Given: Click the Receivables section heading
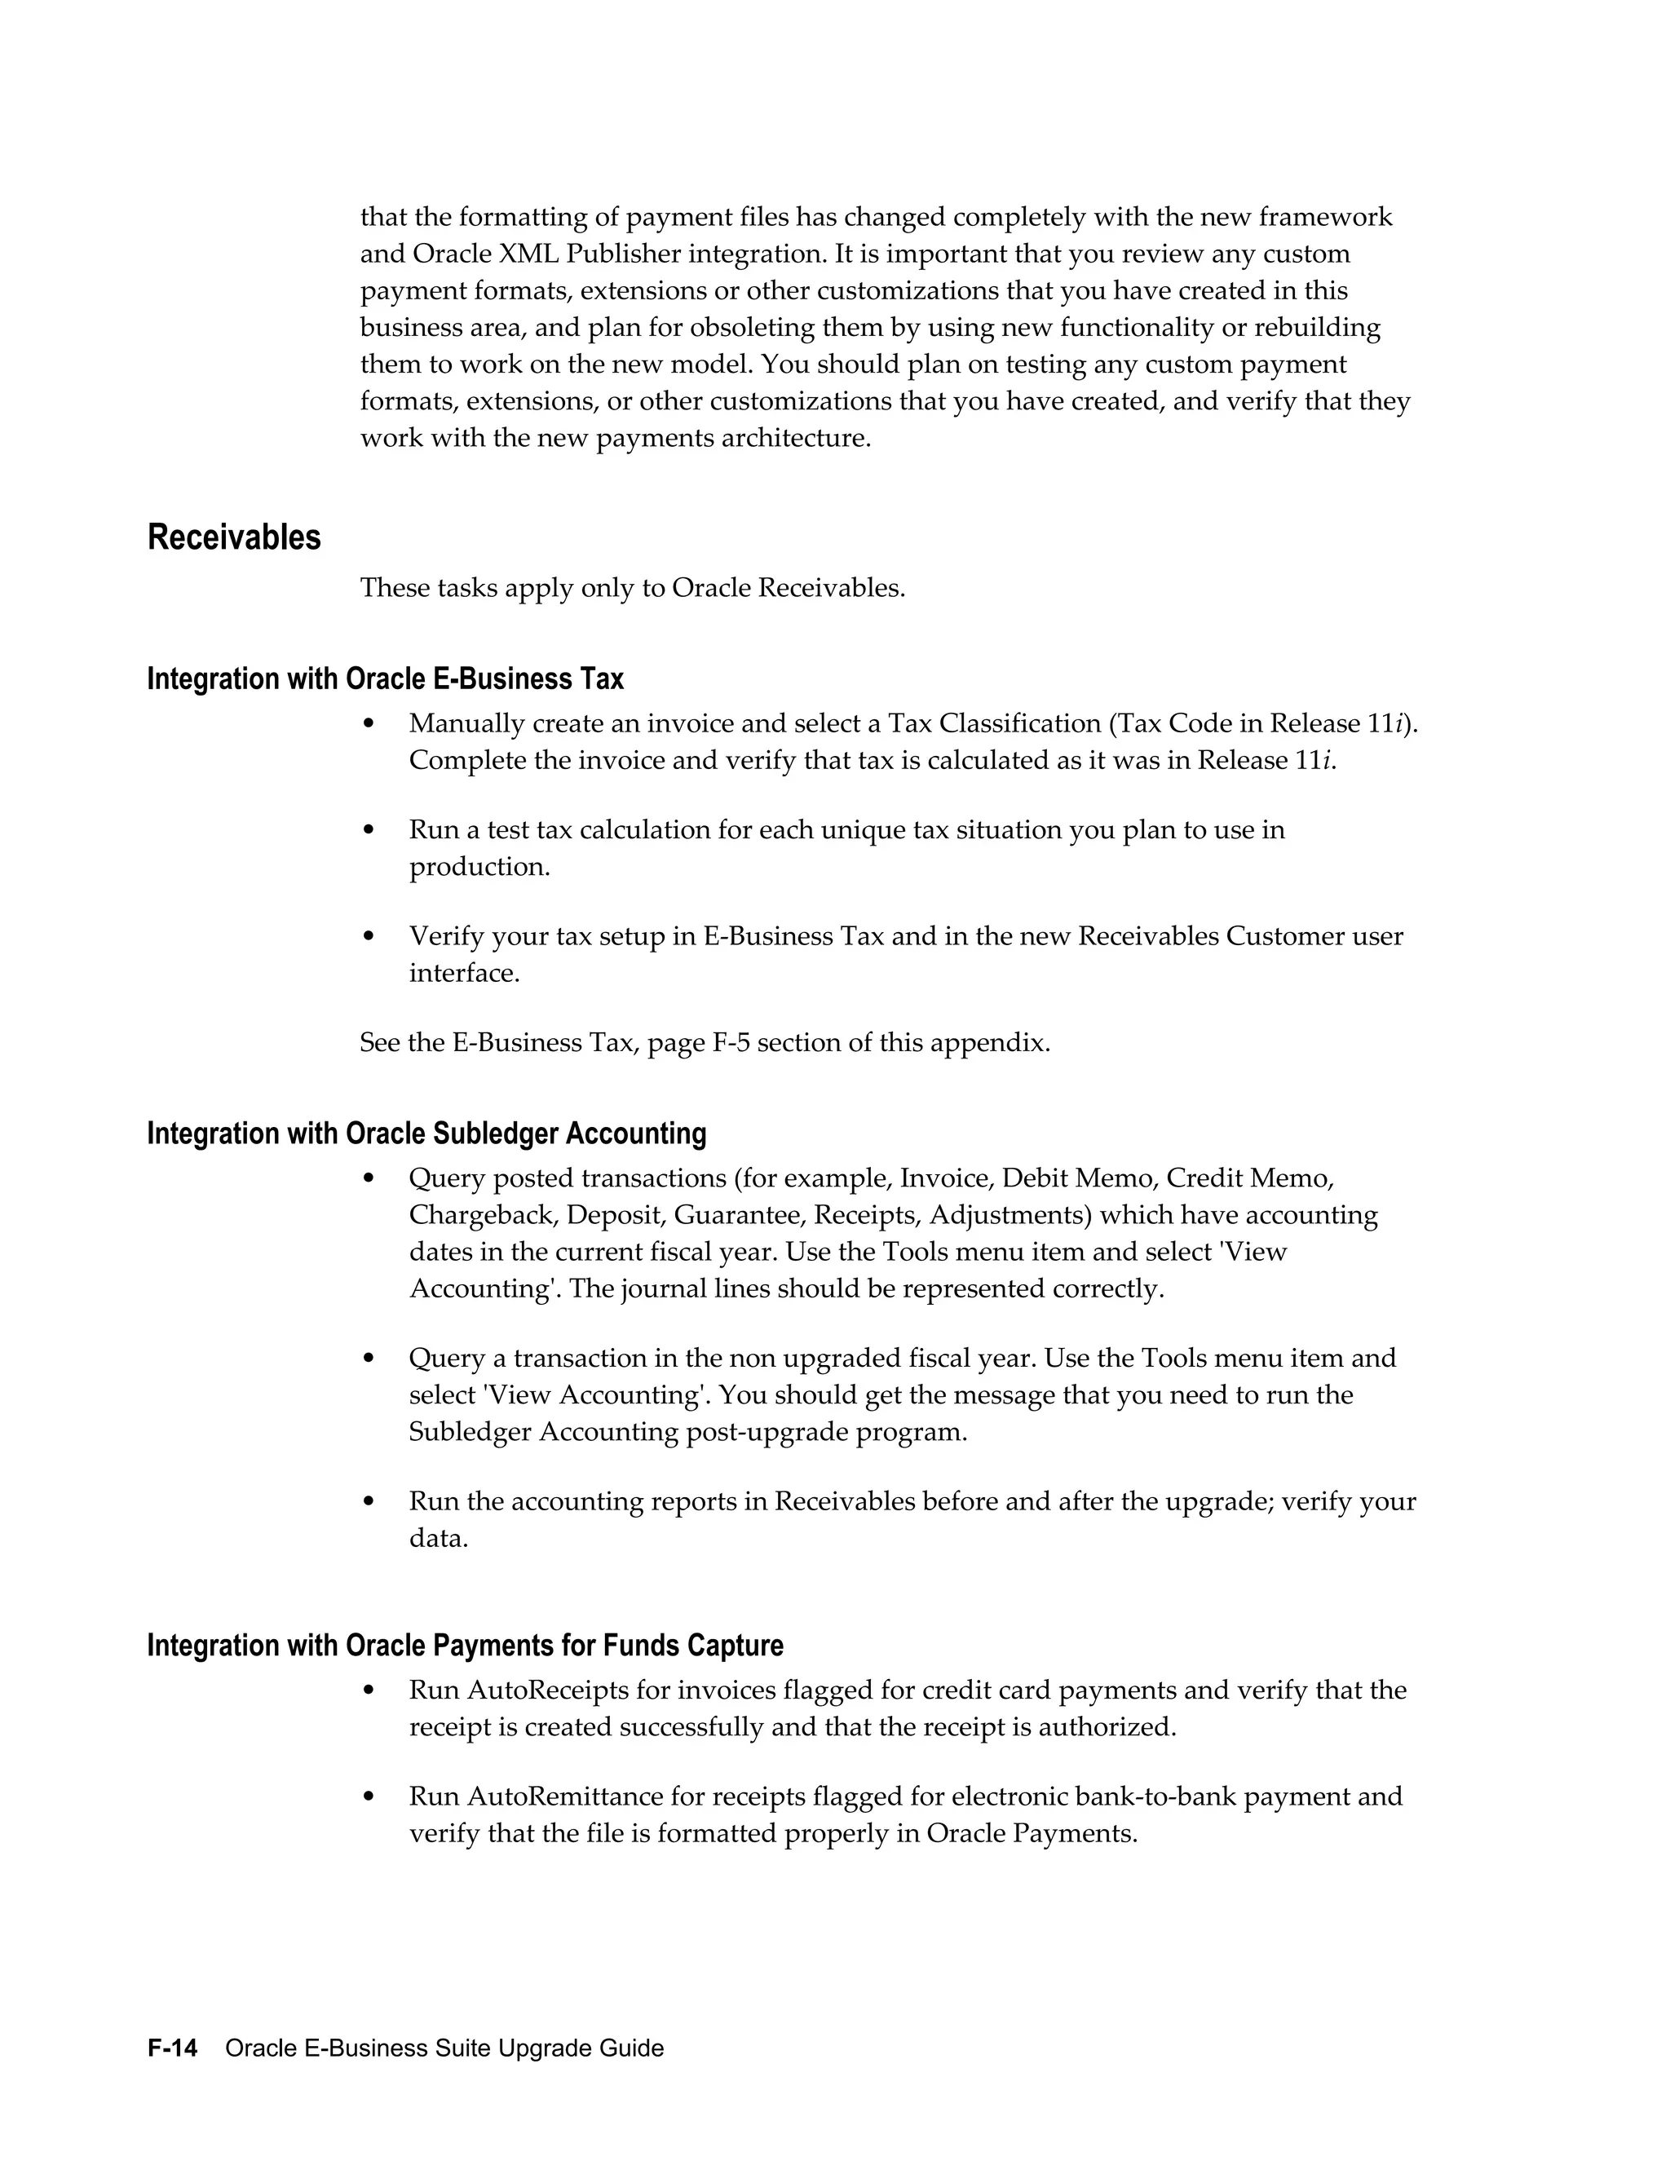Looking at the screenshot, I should [x=235, y=537].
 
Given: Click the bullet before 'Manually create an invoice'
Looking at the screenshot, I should [x=369, y=723].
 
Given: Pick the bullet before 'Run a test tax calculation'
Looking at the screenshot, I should [x=369, y=829].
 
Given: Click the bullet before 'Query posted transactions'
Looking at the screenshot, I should [x=369, y=1178].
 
